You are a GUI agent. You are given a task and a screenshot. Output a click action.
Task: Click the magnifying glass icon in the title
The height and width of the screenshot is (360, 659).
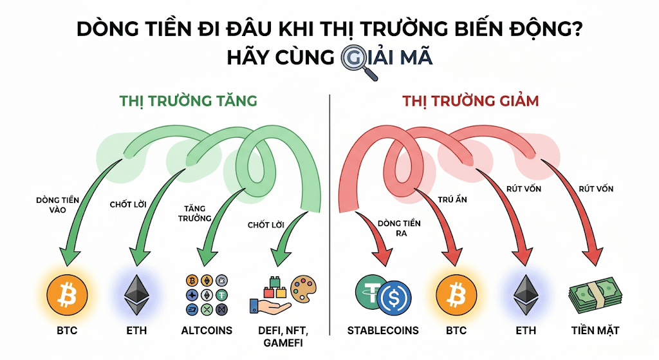(x=353, y=61)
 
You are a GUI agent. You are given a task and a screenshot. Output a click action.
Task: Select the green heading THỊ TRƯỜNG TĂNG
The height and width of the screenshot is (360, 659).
(x=188, y=101)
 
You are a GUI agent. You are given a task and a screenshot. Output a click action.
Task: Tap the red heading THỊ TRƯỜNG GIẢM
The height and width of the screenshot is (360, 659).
(x=470, y=101)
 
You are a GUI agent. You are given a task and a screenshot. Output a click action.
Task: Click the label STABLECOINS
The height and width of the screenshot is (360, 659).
(x=383, y=331)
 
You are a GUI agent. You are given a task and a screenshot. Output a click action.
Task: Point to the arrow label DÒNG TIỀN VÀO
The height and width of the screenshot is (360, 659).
(x=58, y=205)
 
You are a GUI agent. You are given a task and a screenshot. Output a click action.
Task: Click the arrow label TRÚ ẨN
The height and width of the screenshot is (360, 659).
(x=452, y=200)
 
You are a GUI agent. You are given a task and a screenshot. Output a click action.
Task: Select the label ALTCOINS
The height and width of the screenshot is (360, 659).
(x=207, y=331)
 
